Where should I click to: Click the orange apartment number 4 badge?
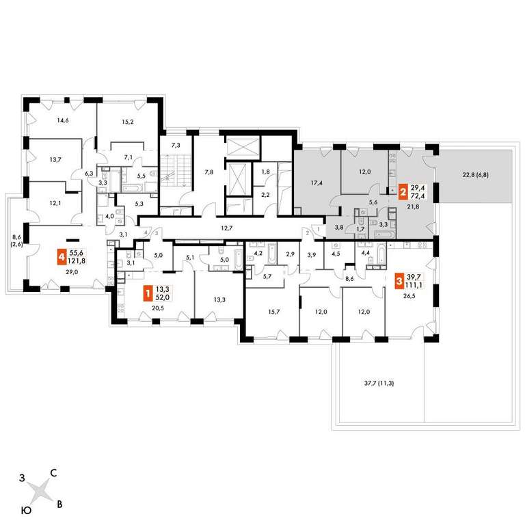[x=62, y=257]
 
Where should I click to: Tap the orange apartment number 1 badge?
[x=147, y=294]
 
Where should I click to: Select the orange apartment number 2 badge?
[x=403, y=192]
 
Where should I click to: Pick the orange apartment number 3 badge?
[x=399, y=280]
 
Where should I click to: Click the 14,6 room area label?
[x=63, y=120]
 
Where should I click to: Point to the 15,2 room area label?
[x=128, y=122]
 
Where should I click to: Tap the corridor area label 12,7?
[x=227, y=228]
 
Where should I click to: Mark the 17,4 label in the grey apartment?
[x=317, y=183]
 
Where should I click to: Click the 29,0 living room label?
[x=72, y=272]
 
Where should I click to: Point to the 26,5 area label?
[x=409, y=295]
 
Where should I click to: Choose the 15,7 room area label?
[x=274, y=312]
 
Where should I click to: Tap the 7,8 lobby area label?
[x=209, y=172]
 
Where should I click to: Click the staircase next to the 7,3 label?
[x=175, y=170]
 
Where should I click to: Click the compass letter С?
[x=53, y=473]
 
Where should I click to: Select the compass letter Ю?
[x=26, y=510]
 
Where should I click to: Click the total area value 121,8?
[x=77, y=261]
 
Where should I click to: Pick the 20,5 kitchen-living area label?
[x=158, y=308]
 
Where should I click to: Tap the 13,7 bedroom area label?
[x=55, y=159]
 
